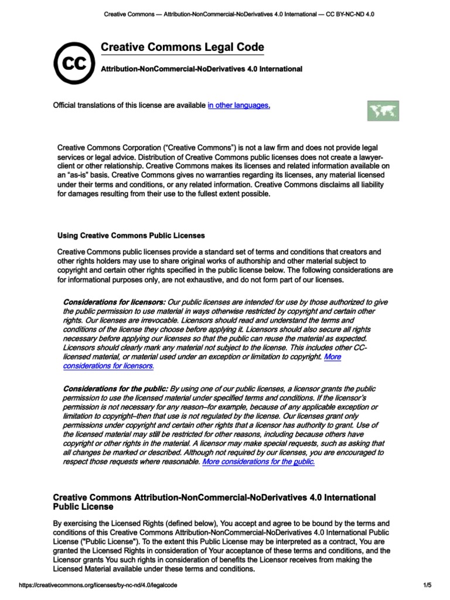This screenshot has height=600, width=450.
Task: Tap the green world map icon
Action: tap(383, 111)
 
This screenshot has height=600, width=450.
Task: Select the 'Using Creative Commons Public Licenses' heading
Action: tap(131, 236)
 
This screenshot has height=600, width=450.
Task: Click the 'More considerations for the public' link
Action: tap(258, 462)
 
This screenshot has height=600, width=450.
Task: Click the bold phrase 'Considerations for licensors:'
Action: tap(114, 302)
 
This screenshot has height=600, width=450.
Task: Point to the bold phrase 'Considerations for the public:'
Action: tap(115, 389)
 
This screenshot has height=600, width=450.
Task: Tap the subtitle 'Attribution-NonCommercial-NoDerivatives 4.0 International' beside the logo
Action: tap(202, 69)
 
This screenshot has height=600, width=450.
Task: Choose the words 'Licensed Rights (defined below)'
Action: tap(173, 523)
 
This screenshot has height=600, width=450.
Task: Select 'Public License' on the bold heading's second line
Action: tap(83, 506)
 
